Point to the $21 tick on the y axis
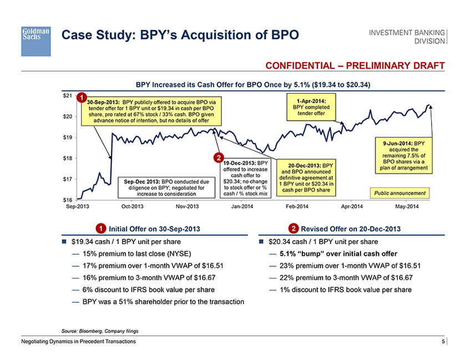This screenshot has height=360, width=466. tap(67, 95)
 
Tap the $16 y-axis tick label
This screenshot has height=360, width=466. tap(67, 199)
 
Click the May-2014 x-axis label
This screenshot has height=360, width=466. tap(407, 207)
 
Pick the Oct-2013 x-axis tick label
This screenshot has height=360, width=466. tap(133, 207)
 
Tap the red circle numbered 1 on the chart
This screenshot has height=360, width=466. tap(82, 99)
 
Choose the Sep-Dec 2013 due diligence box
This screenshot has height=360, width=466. tap(167, 187)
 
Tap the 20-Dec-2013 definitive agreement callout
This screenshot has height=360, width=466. tap(306, 178)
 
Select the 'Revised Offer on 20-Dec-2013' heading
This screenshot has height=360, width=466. tap(345, 229)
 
